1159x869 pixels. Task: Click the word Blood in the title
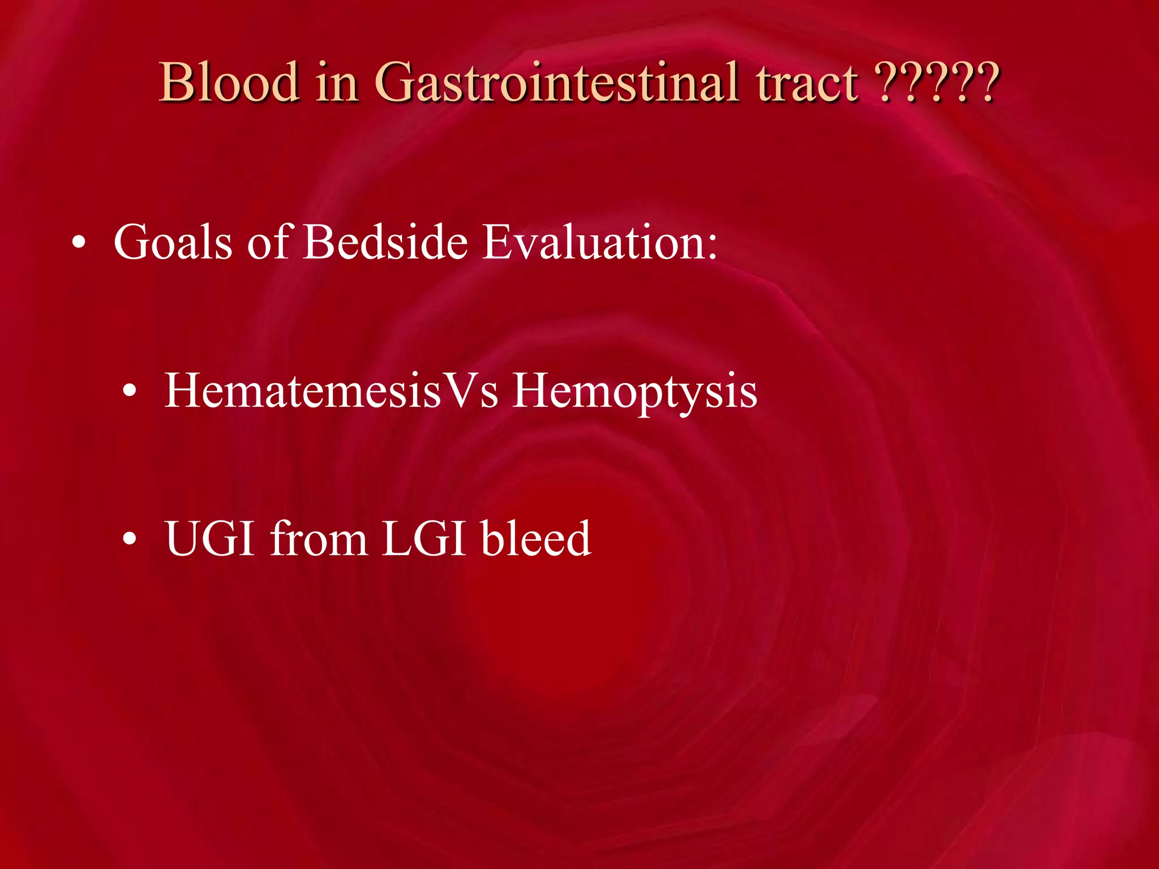click(229, 83)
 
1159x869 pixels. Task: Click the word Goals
click(173, 242)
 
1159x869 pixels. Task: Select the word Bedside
click(385, 242)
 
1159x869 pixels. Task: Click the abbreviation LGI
click(424, 539)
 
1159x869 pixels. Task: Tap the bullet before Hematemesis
click(130, 392)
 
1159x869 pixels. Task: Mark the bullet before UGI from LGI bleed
click(130, 540)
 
